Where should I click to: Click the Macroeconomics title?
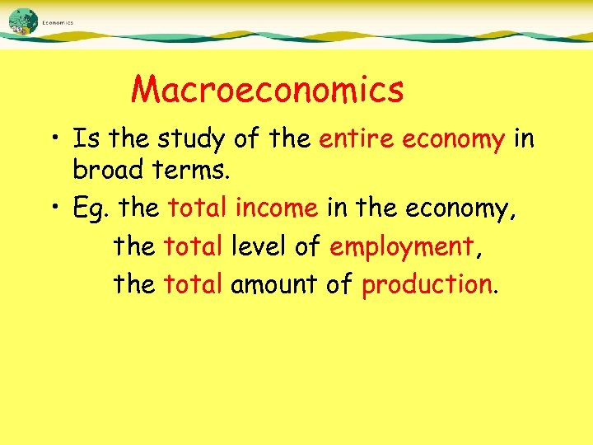click(267, 89)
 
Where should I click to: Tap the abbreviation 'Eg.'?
click(91, 208)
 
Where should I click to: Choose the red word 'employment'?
click(402, 246)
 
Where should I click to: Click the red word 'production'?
click(427, 285)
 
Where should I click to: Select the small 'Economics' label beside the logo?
click(58, 23)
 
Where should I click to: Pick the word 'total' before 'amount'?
click(194, 284)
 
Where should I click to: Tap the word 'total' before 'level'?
click(194, 245)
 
